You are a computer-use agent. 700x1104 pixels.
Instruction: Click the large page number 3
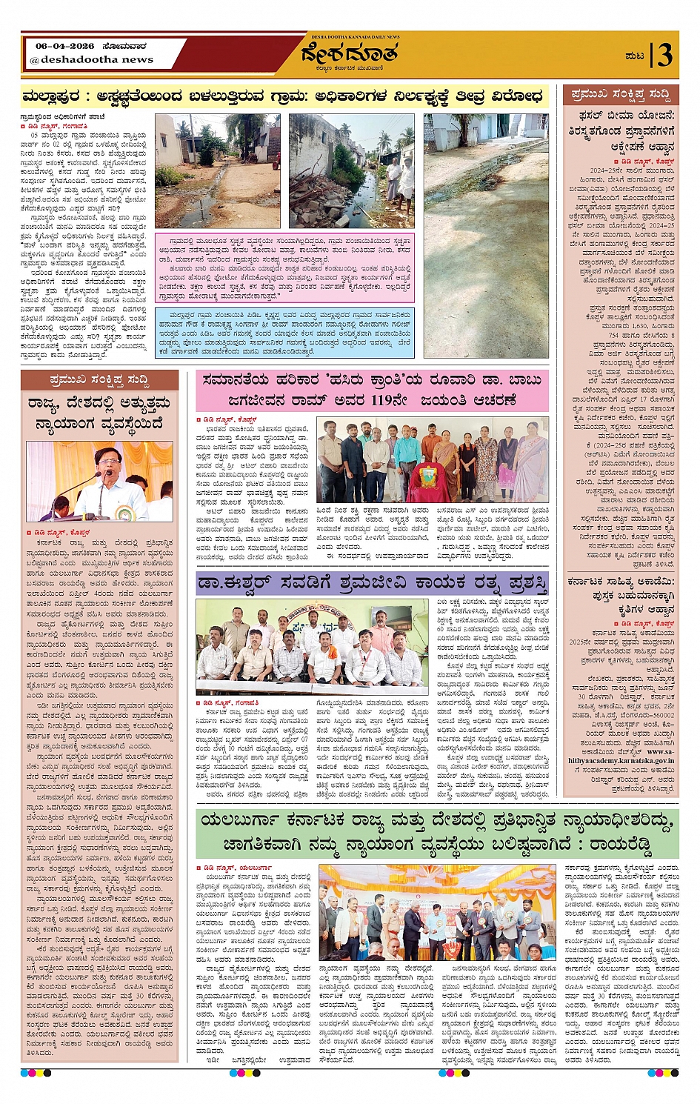point(664,55)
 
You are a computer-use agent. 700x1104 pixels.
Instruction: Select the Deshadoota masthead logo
point(350,55)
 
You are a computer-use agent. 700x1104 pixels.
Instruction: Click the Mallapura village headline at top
point(282,96)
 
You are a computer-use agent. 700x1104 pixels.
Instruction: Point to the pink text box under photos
point(284,267)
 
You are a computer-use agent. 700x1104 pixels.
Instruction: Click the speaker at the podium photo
point(100,481)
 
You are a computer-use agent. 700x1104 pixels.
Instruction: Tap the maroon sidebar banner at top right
point(621,95)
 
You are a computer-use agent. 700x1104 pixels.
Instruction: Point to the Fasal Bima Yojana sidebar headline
point(621,131)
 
